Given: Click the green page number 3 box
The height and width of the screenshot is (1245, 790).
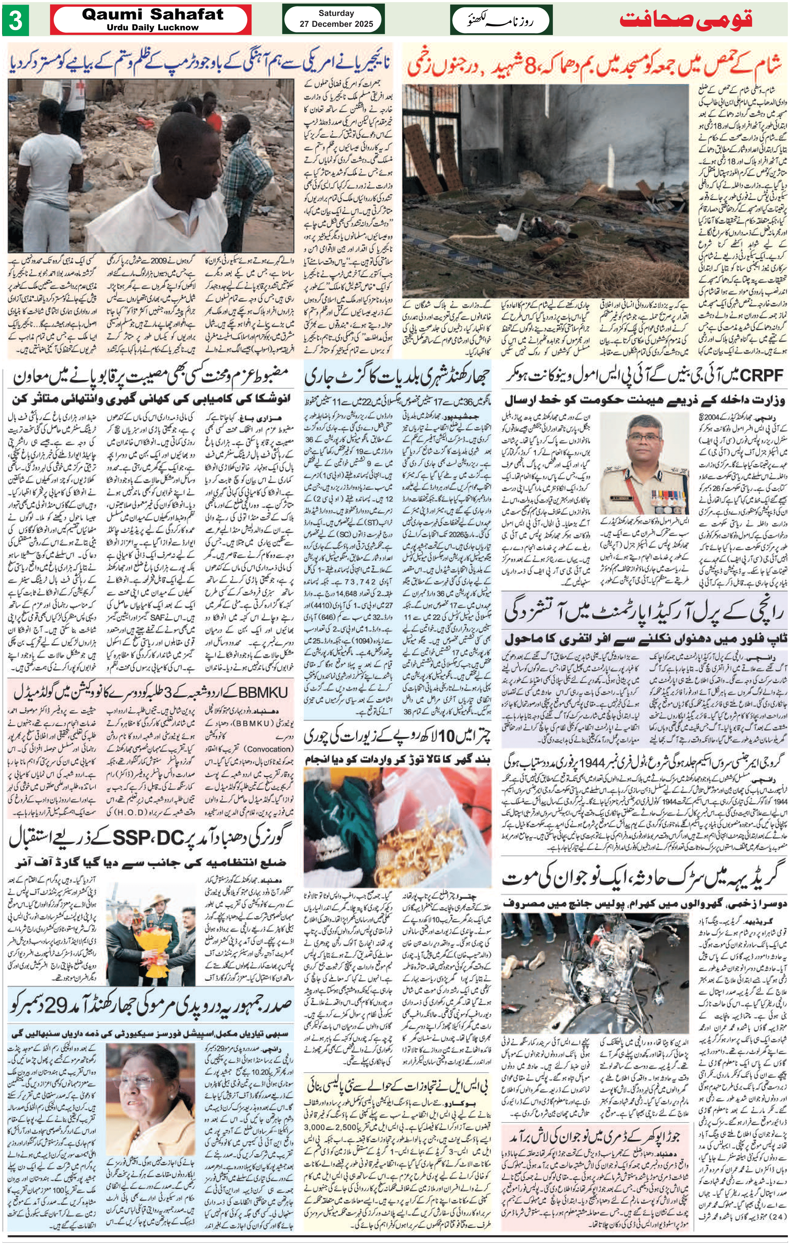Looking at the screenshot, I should (x=16, y=21).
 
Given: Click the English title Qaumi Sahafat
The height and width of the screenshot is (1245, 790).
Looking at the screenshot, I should (x=153, y=15).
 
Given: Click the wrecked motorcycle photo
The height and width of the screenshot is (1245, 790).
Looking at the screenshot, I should (x=594, y=972).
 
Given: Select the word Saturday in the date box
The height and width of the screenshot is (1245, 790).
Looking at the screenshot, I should (x=336, y=13).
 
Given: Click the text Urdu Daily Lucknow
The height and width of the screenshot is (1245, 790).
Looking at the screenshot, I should (x=153, y=27).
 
